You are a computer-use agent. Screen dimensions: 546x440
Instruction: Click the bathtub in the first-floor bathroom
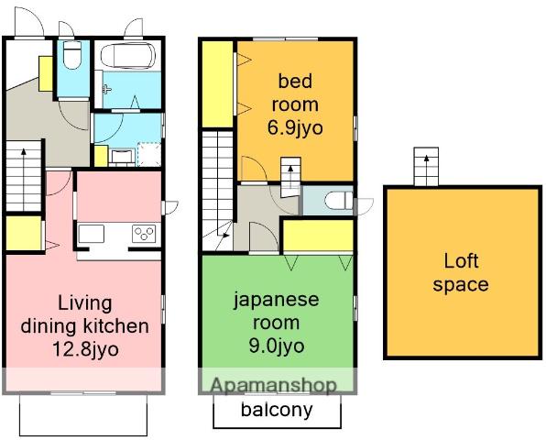click(x=127, y=56)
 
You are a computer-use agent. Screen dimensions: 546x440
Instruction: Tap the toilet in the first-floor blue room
click(x=72, y=55)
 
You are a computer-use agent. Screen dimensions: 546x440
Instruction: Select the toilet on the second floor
click(x=339, y=201)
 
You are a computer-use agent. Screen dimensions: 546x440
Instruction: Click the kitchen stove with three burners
click(x=144, y=234)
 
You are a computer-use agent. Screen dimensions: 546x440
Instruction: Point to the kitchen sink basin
click(x=92, y=234)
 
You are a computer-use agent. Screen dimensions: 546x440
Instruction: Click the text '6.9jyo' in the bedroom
click(x=295, y=127)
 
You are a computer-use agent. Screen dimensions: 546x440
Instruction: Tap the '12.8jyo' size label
click(x=85, y=348)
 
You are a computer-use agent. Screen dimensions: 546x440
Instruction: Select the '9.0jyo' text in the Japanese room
click(x=277, y=346)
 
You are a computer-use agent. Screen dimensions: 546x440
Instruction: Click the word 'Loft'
click(x=461, y=261)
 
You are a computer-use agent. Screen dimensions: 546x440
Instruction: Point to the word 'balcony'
click(x=277, y=410)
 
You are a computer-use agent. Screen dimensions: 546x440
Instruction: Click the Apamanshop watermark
click(x=274, y=385)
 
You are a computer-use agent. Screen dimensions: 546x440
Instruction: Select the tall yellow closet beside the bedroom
click(x=218, y=84)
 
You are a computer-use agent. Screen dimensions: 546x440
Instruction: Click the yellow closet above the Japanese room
click(x=319, y=236)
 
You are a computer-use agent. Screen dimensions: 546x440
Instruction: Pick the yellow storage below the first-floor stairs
click(x=24, y=233)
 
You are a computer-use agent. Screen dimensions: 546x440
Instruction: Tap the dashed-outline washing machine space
click(x=149, y=154)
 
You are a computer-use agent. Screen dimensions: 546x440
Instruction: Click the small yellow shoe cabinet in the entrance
click(x=45, y=74)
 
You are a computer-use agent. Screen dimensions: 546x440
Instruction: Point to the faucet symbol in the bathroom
click(x=106, y=90)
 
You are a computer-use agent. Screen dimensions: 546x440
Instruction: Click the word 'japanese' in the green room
click(x=276, y=301)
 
